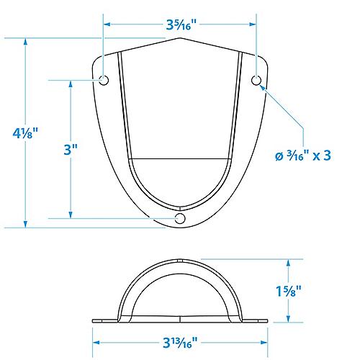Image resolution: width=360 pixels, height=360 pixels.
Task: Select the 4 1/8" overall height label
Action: (25, 133)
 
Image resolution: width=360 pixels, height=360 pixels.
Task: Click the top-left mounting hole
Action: (104, 80)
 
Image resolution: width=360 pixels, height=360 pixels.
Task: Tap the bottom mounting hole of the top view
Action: (181, 217)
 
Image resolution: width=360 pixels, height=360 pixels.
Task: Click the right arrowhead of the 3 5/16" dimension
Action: (255, 24)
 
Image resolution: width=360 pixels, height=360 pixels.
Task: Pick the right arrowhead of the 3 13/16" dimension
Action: (266, 333)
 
